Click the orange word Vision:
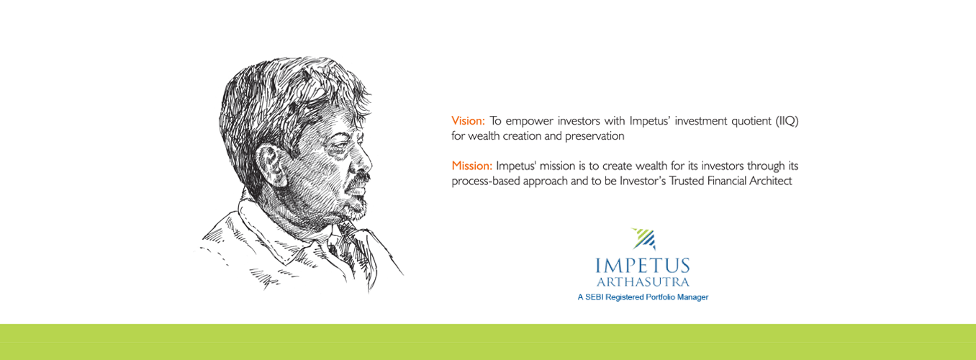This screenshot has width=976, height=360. tap(468, 121)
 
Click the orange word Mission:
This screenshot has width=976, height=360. tap(472, 166)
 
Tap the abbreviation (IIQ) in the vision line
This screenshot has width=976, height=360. tap(787, 121)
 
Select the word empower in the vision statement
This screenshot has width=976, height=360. tap(530, 122)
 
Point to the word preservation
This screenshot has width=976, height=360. tap(595, 136)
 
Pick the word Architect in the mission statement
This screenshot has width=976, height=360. tap(770, 181)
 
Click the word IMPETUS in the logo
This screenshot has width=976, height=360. tap(643, 266)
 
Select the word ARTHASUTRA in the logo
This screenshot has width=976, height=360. tap(643, 282)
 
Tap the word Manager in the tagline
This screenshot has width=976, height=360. tap(693, 297)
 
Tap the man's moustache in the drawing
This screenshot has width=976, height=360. tap(358, 179)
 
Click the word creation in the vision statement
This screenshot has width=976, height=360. tap(522, 136)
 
